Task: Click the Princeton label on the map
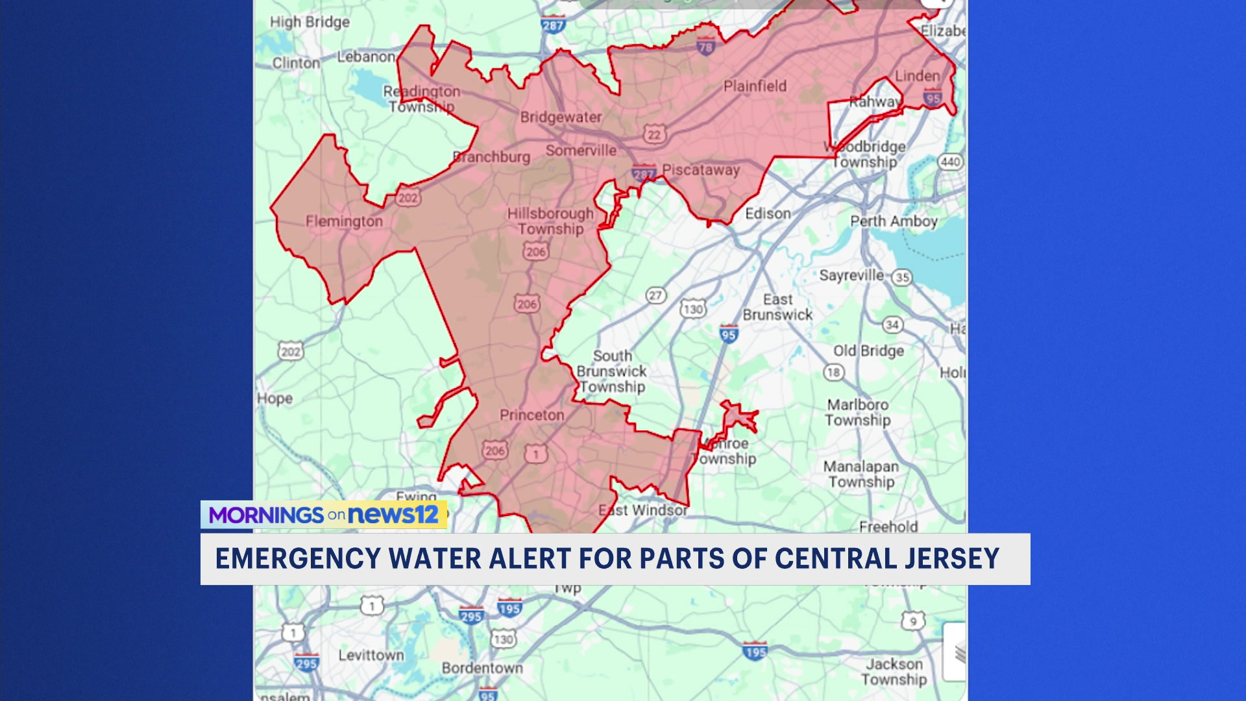(531, 415)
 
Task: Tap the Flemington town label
(344, 221)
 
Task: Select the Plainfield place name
(755, 86)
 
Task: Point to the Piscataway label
(701, 170)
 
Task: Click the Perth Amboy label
(894, 221)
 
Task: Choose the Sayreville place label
(851, 275)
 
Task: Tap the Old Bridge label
(868, 351)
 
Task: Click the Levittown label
(371, 656)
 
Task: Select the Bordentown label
(482, 669)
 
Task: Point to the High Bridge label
(310, 22)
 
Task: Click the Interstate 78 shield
(705, 46)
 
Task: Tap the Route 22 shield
(654, 134)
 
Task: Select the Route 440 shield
(950, 162)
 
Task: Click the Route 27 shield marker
(656, 296)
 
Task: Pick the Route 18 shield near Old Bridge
(834, 373)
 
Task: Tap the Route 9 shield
(913, 621)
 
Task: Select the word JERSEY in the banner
(952, 559)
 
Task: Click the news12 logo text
(394, 515)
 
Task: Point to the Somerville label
(581, 151)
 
